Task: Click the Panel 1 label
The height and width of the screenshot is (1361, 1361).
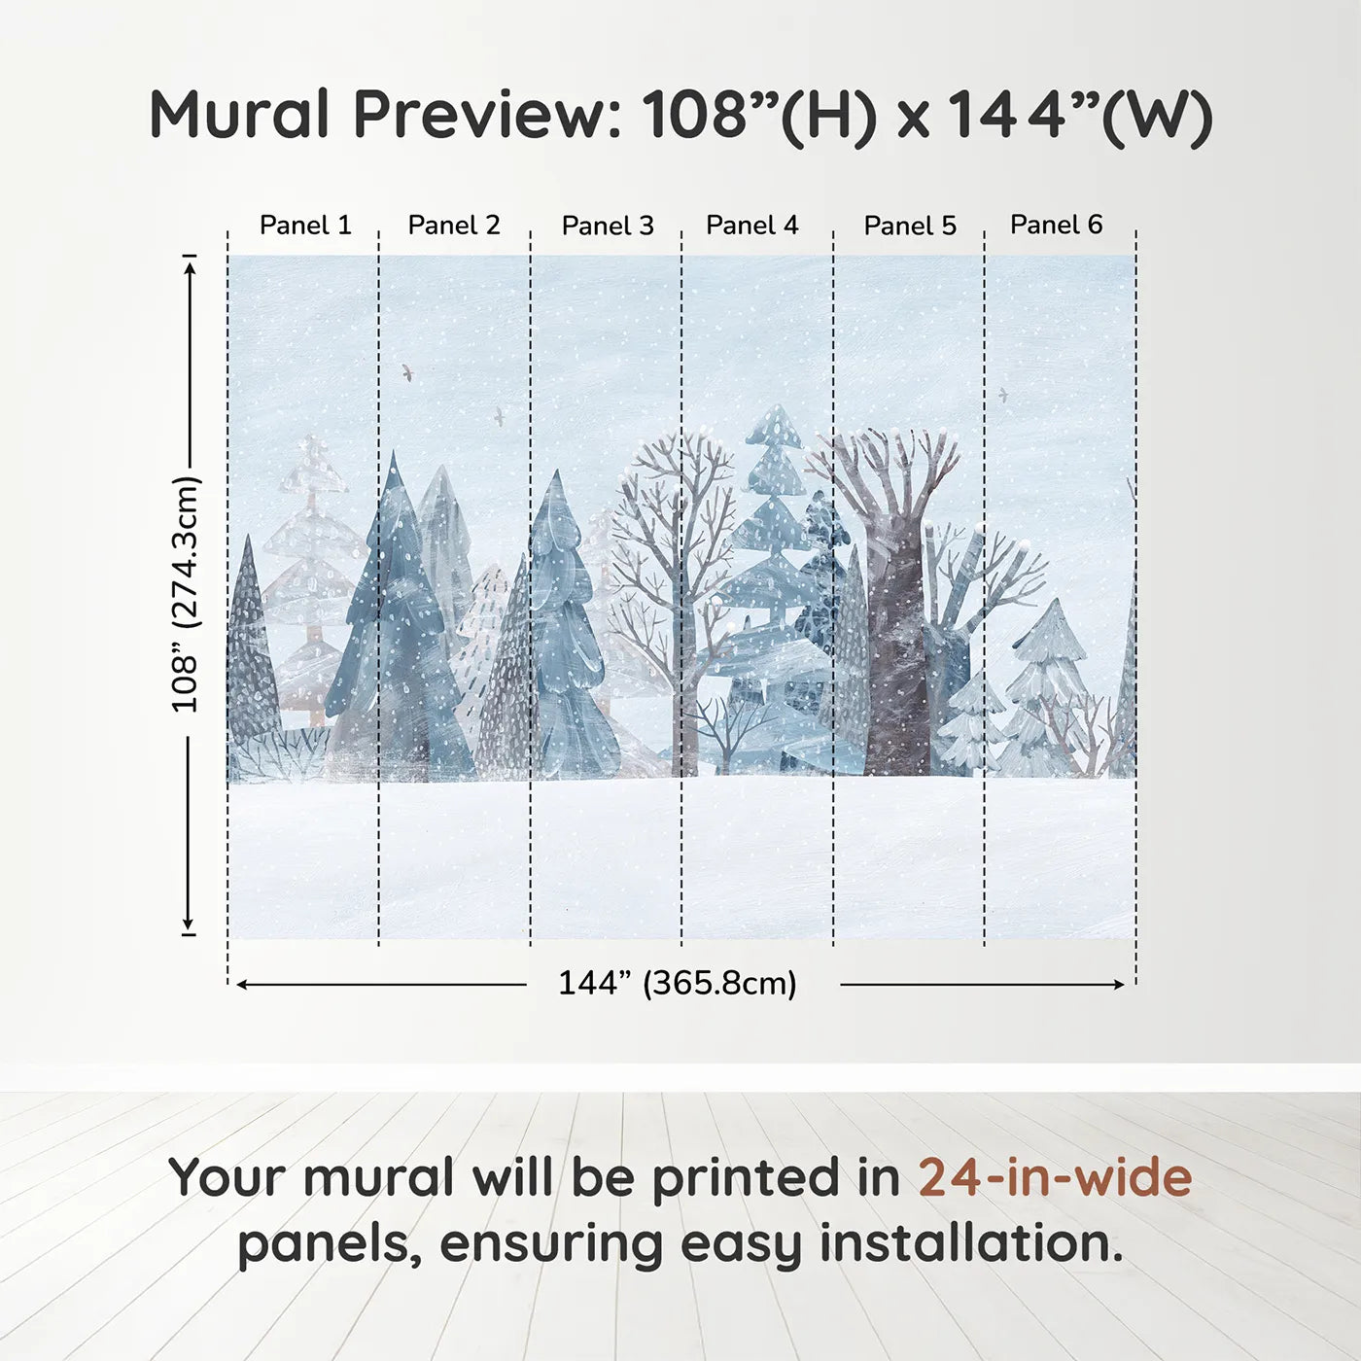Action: [x=305, y=226]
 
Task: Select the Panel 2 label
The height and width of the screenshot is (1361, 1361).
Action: [x=454, y=226]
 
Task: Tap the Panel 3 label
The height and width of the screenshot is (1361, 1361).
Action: [x=609, y=226]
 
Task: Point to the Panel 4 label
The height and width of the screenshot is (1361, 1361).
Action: [x=752, y=226]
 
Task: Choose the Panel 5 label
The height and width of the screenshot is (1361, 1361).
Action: [x=910, y=226]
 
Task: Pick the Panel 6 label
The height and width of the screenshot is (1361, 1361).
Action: [x=1057, y=225]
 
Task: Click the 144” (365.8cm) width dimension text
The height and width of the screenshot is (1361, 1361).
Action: [x=678, y=983]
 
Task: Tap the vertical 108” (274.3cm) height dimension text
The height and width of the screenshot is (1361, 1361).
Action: [x=186, y=594]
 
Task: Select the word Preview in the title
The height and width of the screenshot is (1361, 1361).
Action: [x=487, y=114]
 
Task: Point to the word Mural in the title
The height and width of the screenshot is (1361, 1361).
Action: [x=239, y=114]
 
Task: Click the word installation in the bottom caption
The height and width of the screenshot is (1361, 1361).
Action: [x=971, y=1243]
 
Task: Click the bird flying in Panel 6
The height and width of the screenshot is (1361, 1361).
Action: [x=1002, y=394]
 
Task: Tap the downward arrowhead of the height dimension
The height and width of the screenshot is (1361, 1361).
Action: [x=189, y=923]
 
